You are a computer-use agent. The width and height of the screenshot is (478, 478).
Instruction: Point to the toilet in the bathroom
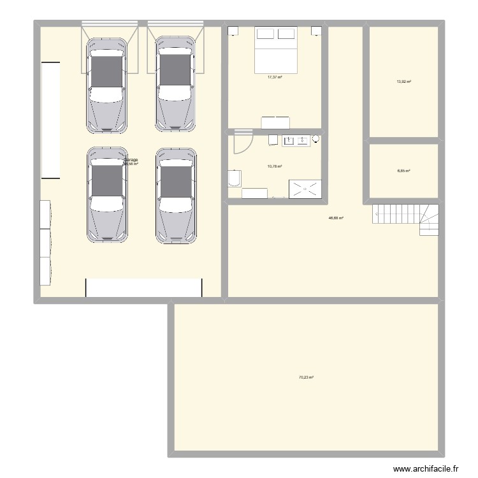click(x=234, y=178)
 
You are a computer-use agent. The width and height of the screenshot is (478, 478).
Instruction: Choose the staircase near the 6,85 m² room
click(x=405, y=218)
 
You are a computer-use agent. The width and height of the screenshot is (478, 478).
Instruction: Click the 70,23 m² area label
click(x=307, y=377)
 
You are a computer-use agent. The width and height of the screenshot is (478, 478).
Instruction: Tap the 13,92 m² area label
click(x=404, y=82)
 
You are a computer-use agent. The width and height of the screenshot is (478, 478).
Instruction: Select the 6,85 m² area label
click(x=404, y=171)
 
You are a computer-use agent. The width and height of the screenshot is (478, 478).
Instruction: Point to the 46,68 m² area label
click(x=336, y=218)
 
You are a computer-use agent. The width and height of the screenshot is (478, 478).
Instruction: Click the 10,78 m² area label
click(x=275, y=166)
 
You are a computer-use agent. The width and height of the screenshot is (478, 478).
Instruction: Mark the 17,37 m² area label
click(x=275, y=77)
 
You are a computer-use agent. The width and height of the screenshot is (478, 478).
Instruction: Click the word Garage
click(x=131, y=159)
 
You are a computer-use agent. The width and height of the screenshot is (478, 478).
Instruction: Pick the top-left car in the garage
click(x=106, y=84)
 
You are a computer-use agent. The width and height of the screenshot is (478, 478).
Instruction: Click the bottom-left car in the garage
click(x=106, y=196)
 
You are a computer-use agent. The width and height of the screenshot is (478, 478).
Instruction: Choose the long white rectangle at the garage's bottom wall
click(x=143, y=287)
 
